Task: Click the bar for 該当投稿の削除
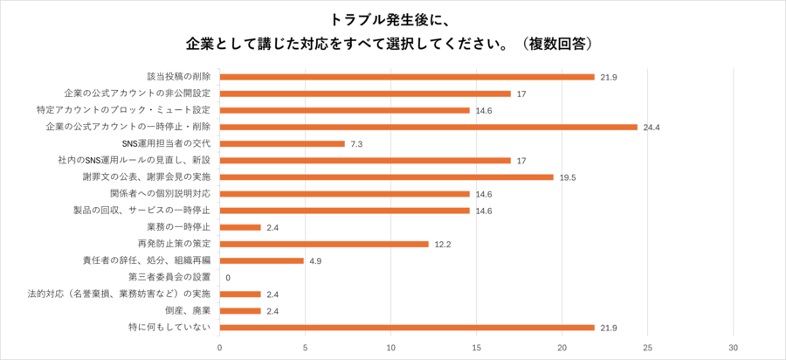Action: (406, 77)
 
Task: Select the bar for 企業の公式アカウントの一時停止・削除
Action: (428, 127)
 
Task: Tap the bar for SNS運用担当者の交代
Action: (281, 143)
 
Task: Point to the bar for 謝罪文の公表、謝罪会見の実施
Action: (386, 177)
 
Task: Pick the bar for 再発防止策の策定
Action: (323, 244)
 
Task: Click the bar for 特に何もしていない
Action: (406, 328)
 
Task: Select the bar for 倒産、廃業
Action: (239, 311)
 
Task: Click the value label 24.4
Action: (652, 127)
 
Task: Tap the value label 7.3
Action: (356, 143)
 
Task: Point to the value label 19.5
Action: (568, 177)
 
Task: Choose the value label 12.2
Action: (442, 244)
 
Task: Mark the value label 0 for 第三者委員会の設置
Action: (227, 278)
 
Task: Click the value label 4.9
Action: (316, 260)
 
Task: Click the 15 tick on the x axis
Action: (476, 347)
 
